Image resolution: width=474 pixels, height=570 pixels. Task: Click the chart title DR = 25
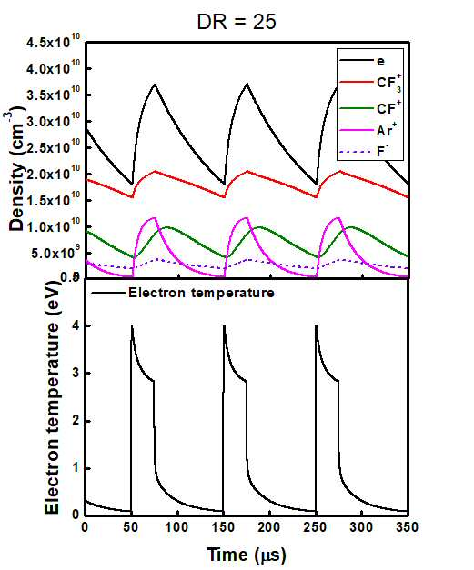click(237, 22)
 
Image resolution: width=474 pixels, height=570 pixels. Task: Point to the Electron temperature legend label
click(201, 293)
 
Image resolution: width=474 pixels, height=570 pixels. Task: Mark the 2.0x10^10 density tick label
click(53, 175)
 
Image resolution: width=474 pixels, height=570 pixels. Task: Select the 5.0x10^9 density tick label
click(54, 253)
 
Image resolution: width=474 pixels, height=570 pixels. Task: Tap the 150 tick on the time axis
click(223, 526)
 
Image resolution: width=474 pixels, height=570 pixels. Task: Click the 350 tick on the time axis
click(408, 526)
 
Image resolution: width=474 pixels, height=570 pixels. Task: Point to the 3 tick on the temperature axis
click(76, 374)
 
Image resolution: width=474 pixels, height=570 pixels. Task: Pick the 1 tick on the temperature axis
click(76, 468)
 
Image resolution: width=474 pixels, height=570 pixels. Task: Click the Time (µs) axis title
click(247, 555)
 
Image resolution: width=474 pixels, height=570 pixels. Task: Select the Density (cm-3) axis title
click(16, 169)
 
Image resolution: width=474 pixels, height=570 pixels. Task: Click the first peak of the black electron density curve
click(155, 85)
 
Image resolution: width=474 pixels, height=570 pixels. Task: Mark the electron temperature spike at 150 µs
click(224, 326)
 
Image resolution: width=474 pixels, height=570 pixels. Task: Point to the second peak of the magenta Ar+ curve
click(247, 218)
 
